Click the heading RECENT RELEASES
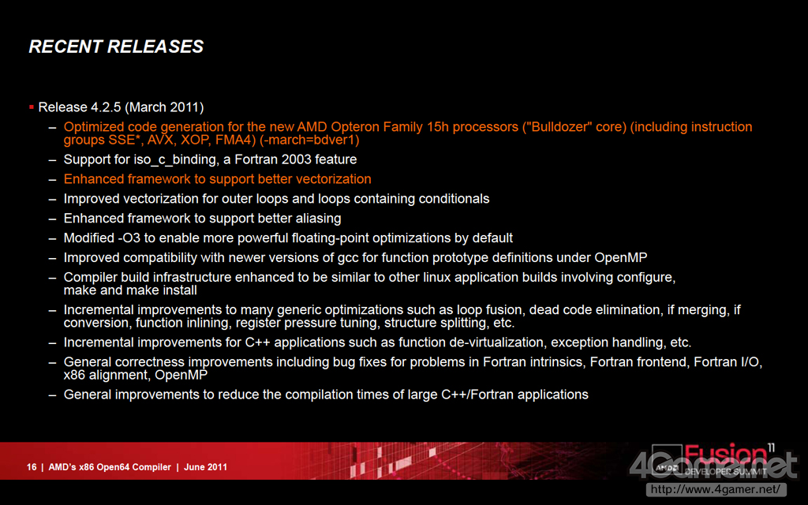click(x=116, y=47)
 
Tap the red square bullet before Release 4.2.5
click(x=32, y=107)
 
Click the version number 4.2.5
click(x=106, y=107)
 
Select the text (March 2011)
click(x=164, y=107)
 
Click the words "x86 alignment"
click(x=106, y=375)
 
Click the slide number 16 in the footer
click(x=32, y=467)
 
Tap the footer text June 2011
click(x=206, y=467)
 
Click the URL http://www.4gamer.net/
click(x=716, y=489)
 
